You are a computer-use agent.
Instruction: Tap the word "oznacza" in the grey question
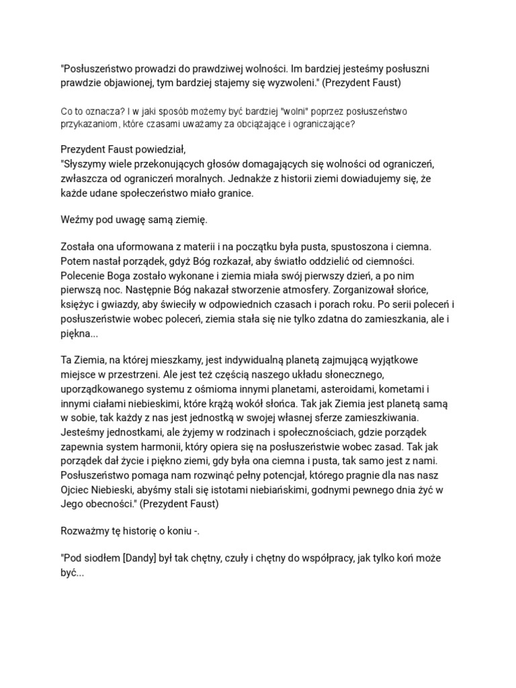click(101, 111)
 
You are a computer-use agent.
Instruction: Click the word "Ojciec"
click(77, 488)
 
